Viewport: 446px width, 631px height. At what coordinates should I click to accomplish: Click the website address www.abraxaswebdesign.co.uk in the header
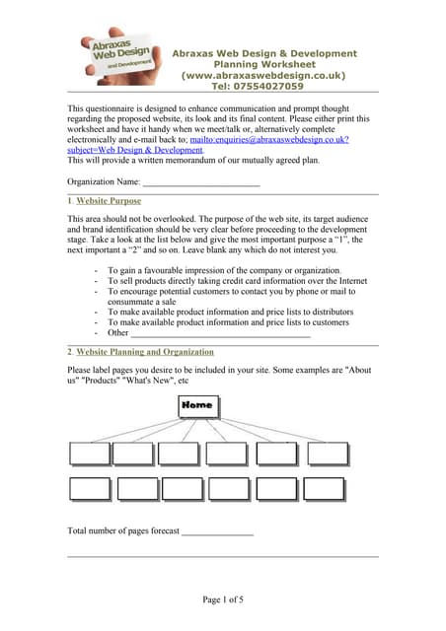pos(263,75)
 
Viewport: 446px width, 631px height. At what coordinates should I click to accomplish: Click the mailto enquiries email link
pos(285,140)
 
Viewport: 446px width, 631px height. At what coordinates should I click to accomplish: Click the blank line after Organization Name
pos(201,182)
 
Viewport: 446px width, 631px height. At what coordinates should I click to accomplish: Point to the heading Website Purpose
pos(109,201)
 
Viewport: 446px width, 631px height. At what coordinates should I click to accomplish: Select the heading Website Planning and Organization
pos(145,352)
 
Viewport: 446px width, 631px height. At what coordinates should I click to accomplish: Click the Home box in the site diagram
pos(196,405)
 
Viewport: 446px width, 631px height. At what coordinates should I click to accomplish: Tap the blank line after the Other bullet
pos(221,333)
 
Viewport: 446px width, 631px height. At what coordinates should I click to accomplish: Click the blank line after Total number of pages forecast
pos(217,531)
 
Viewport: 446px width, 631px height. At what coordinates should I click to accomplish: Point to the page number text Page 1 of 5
pos(223,599)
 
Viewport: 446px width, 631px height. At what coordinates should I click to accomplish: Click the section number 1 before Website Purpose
pos(69,201)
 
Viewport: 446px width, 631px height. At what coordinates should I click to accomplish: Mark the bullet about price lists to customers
pos(228,322)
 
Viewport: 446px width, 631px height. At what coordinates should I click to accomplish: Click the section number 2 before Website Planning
pos(69,352)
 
